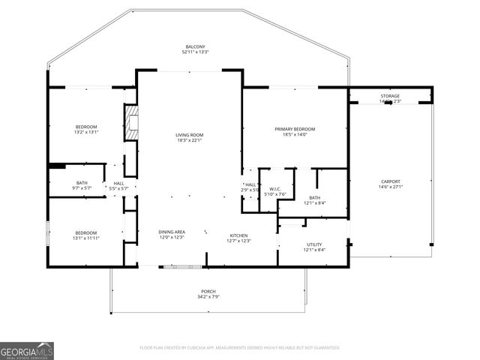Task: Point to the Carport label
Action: [390, 181]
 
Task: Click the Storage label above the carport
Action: [390, 96]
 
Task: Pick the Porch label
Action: [208, 291]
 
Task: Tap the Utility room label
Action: [314, 244]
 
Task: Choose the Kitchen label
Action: [238, 235]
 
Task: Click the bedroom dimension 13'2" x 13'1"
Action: [87, 133]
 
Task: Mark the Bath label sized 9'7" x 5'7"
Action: [82, 187]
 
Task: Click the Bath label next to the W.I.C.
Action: [314, 198]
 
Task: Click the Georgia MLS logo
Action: [27, 350]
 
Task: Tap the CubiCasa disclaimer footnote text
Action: [240, 348]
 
